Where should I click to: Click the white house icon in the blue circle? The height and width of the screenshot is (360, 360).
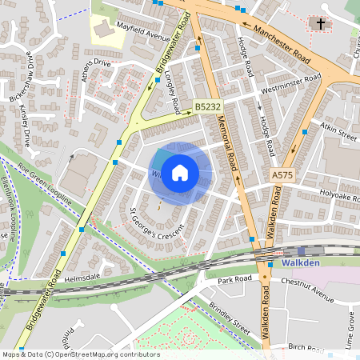click(180, 172)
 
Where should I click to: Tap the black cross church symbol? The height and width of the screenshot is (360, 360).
click(322, 24)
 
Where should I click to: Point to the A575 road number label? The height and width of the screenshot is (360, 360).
click(282, 174)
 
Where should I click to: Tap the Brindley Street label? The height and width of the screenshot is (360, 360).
click(233, 313)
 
